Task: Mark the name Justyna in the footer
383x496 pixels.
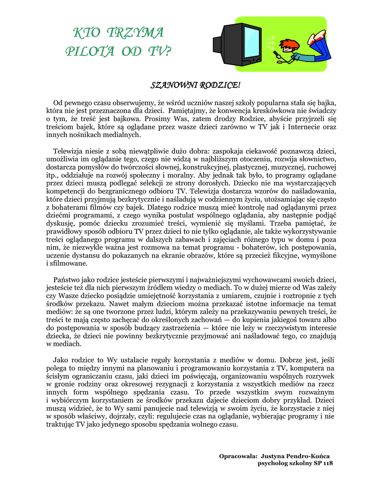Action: pos(276,456)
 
